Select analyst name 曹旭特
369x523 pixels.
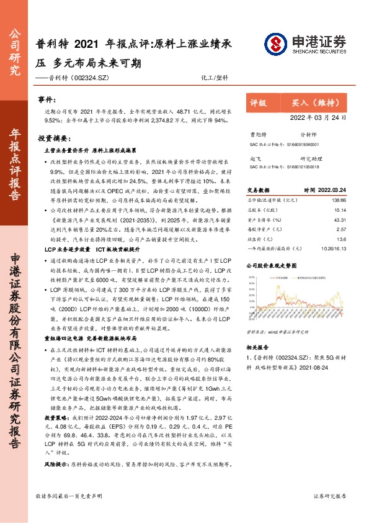[x=257, y=134]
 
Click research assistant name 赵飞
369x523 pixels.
[x=254, y=158]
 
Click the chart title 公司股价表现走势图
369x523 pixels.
[x=273, y=265]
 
